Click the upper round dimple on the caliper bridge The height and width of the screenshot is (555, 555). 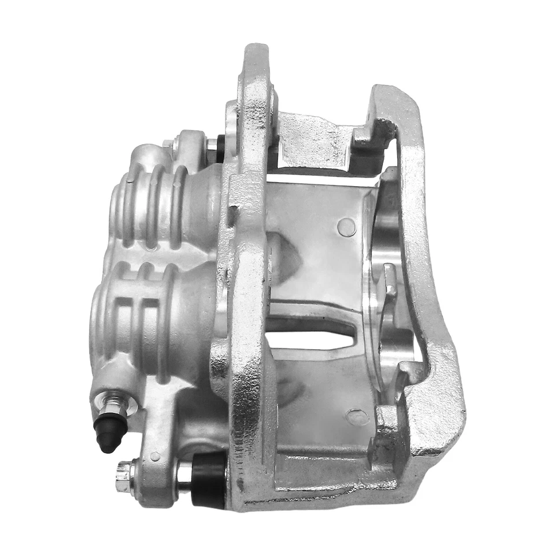coord(346,227)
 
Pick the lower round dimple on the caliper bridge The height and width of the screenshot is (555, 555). coord(357,416)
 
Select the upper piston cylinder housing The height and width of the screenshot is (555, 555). coord(156,205)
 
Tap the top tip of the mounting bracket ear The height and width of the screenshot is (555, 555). coord(254,52)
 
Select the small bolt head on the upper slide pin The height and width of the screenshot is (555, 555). coord(168,143)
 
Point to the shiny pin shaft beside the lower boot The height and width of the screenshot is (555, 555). coord(184,473)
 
